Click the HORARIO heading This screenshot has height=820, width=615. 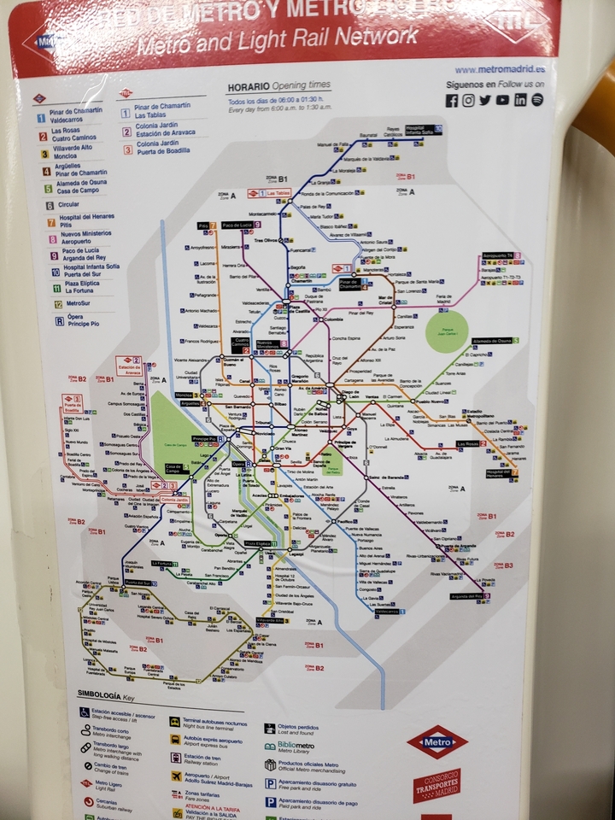(249, 87)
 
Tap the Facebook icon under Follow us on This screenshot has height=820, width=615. (452, 101)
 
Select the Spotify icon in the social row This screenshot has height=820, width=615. (537, 100)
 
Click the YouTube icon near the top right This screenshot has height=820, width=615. (502, 100)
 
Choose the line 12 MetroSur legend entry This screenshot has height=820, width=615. (73, 303)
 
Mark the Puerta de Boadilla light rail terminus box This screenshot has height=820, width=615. (73, 404)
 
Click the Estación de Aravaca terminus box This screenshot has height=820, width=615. (129, 366)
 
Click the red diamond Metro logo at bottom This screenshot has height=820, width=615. (436, 741)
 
